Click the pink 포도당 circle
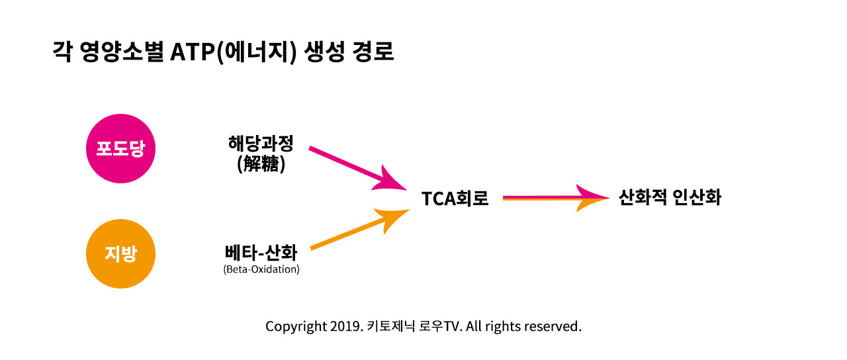[x=120, y=149]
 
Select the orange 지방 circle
[x=120, y=254]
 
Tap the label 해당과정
[x=260, y=144]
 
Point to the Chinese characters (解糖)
[x=261, y=164]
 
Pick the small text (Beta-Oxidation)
[x=261, y=270]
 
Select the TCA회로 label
[x=455, y=199]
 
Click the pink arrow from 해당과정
[x=351, y=165]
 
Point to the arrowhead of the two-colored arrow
[x=592, y=197]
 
